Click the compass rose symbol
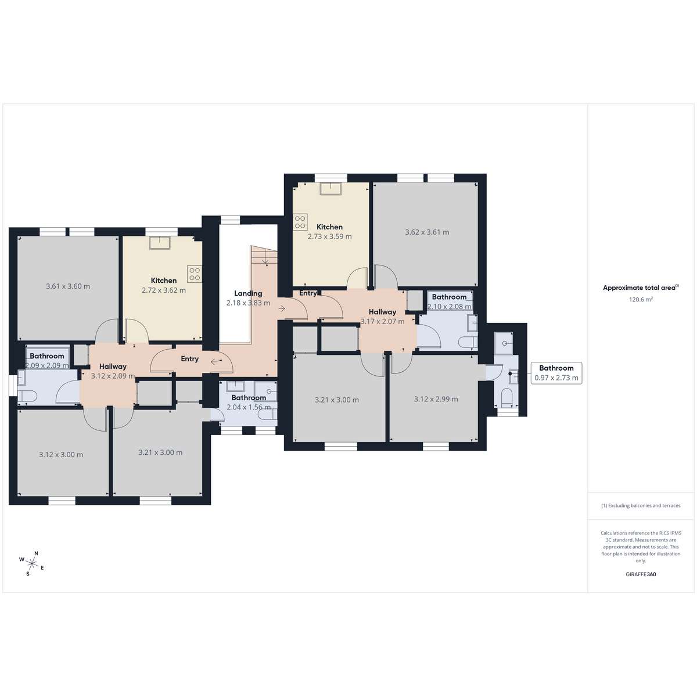32,563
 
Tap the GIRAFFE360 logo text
641,574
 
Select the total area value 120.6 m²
641,300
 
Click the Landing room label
248,293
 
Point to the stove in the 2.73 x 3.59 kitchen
300,222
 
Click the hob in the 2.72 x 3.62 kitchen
195,274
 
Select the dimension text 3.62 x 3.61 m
427,232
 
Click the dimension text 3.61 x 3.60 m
68,286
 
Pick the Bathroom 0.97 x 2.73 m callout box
556,373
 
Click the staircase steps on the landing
264,255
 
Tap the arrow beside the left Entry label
214,361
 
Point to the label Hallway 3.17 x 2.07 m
382,317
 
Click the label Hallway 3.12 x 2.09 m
113,371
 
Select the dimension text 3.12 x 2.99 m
436,399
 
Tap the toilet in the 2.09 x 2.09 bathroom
28,397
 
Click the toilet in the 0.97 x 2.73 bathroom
507,397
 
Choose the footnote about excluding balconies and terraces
641,506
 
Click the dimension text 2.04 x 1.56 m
249,407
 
